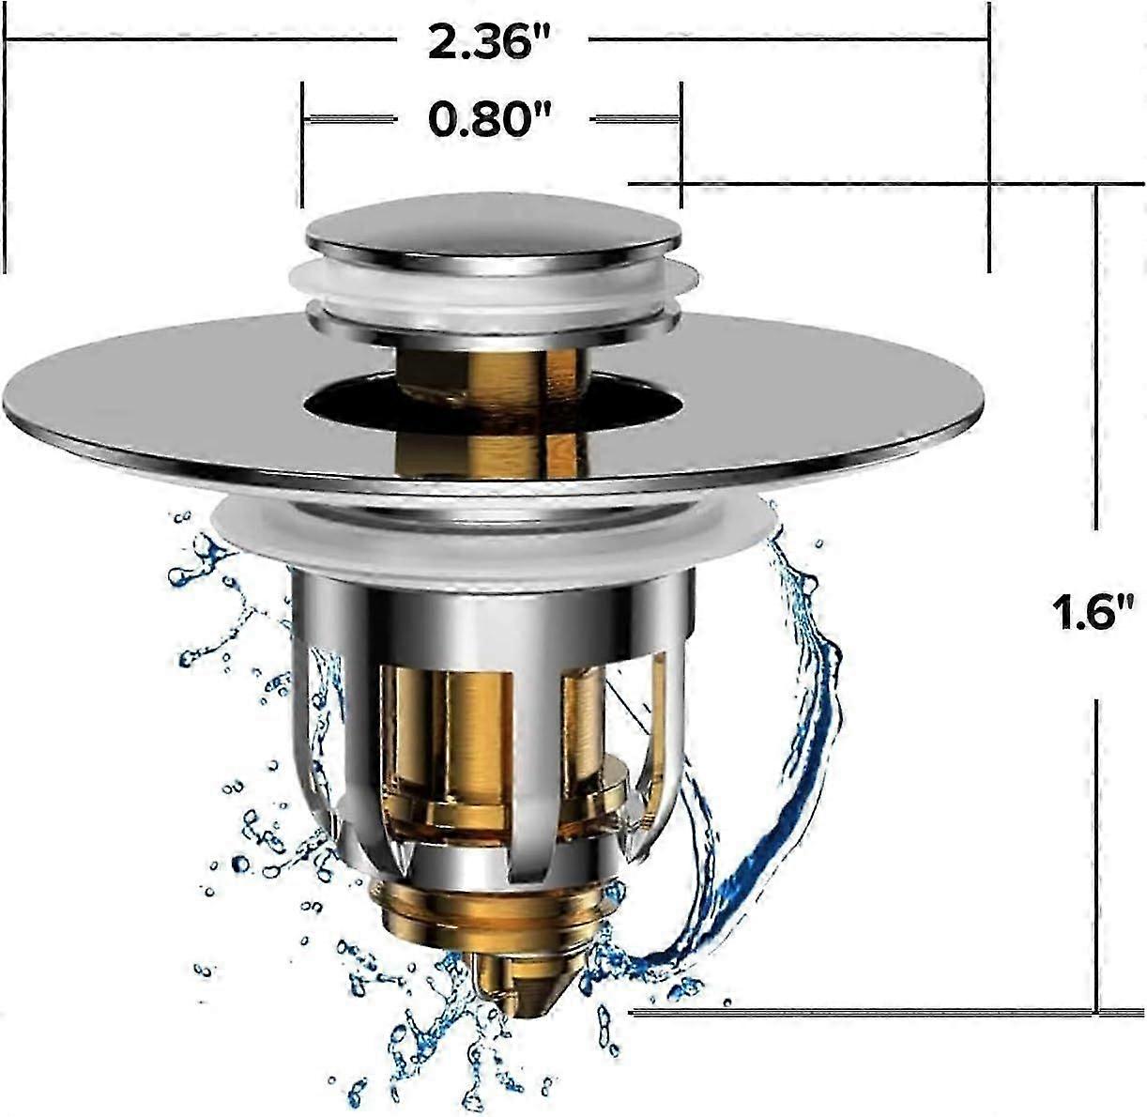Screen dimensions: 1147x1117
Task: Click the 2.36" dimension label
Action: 492,43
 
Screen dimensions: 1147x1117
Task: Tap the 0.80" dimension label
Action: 490,119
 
